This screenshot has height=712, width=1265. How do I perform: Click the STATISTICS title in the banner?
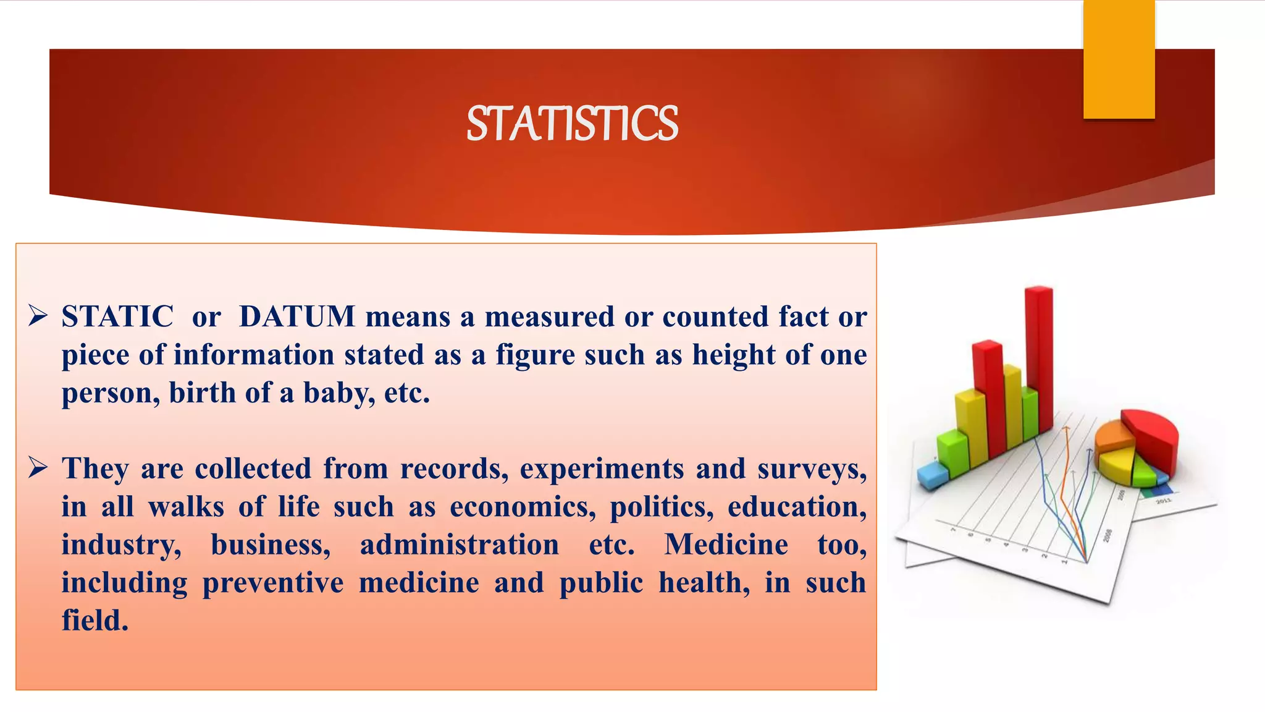pyautogui.click(x=572, y=124)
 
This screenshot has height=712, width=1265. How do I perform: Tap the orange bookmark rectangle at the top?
pyautogui.click(x=1119, y=59)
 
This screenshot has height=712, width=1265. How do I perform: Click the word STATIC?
pyautogui.click(x=117, y=316)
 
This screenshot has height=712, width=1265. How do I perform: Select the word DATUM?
pyautogui.click(x=297, y=316)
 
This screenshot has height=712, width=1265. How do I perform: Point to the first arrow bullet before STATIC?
pyautogui.click(x=38, y=316)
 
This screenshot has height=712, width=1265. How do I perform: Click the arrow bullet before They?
pyautogui.click(x=38, y=468)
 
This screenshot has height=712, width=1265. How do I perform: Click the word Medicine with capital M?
pyautogui.click(x=726, y=545)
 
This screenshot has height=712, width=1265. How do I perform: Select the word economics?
pyautogui.click(x=523, y=507)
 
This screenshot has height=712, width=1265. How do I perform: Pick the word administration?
pyautogui.click(x=460, y=545)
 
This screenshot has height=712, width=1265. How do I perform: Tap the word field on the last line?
pyautogui.click(x=95, y=621)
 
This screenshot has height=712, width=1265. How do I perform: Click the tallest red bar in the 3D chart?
pyautogui.click(x=1040, y=358)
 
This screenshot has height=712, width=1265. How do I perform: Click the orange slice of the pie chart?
pyautogui.click(x=1113, y=436)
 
